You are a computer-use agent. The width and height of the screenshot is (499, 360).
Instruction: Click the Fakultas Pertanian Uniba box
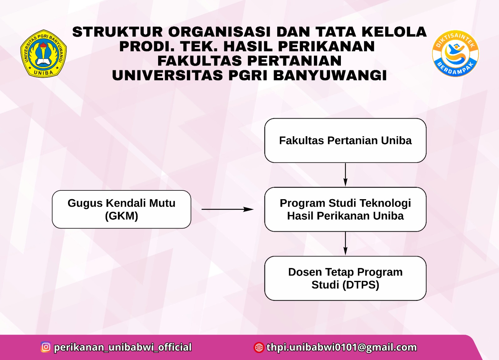pyautogui.click(x=345, y=141)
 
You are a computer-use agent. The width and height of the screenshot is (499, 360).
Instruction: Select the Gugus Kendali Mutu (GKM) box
pyautogui.click(x=121, y=209)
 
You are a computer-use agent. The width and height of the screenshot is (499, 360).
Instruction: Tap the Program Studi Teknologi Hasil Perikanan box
pyautogui.click(x=345, y=209)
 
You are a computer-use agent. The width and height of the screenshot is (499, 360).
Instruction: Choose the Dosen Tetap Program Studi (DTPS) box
pyautogui.click(x=345, y=278)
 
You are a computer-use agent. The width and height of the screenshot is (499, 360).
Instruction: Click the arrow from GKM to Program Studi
pyautogui.click(x=227, y=209)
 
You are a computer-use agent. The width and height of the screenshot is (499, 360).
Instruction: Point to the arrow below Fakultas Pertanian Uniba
pyautogui.click(x=345, y=175)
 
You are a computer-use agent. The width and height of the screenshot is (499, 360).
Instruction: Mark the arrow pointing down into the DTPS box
pyautogui.click(x=345, y=243)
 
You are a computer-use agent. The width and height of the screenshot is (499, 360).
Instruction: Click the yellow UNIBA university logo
pyautogui.click(x=44, y=54)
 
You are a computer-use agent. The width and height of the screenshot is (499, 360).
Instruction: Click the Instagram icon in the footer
pyautogui.click(x=46, y=347)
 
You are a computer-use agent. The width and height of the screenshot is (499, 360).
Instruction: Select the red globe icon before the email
pyautogui.click(x=259, y=347)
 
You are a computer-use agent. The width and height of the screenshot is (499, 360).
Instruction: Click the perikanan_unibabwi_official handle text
pyautogui.click(x=123, y=347)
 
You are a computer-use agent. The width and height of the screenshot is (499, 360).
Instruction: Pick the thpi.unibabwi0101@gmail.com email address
pyautogui.click(x=342, y=347)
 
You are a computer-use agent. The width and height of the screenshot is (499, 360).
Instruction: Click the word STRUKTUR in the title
pyautogui.click(x=118, y=32)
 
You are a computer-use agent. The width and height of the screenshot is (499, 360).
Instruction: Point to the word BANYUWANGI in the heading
pyautogui.click(x=330, y=75)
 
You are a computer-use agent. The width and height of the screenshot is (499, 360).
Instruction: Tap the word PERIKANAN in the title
pyautogui.click(x=326, y=46)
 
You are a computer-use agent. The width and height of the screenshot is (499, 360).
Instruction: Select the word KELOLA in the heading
pyautogui.click(x=394, y=32)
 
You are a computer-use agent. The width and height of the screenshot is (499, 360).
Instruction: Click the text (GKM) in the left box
pyautogui.click(x=121, y=216)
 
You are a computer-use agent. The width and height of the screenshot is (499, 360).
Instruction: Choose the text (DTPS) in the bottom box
pyautogui.click(x=361, y=285)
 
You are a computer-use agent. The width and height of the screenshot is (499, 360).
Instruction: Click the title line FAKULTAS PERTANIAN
pyautogui.click(x=249, y=61)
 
